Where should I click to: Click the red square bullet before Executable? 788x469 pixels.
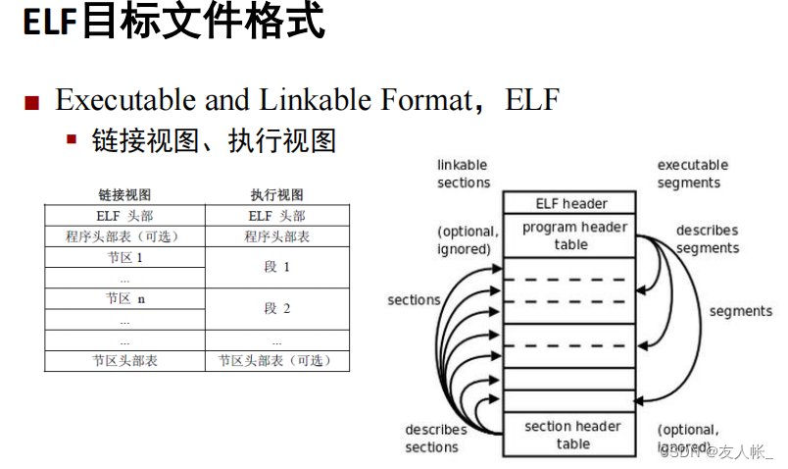tap(32, 102)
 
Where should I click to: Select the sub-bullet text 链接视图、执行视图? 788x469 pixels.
tap(214, 140)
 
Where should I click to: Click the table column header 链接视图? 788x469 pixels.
tap(124, 194)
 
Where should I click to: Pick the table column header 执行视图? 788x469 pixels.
tap(277, 194)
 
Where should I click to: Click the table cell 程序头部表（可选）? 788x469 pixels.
tap(123, 236)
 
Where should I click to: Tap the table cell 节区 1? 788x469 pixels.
tap(124, 258)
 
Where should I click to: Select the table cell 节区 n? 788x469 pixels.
tap(125, 299)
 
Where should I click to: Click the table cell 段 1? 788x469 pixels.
tap(277, 267)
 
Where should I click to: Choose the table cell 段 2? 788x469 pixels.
tap(277, 308)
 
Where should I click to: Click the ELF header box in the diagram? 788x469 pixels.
tap(571, 203)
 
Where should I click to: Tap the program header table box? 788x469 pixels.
tap(571, 235)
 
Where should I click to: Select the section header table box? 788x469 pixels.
tap(571, 435)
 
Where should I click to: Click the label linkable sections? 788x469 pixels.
tap(463, 174)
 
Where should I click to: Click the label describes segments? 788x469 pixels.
tap(707, 239)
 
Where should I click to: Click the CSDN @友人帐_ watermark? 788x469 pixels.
tap(715, 451)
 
